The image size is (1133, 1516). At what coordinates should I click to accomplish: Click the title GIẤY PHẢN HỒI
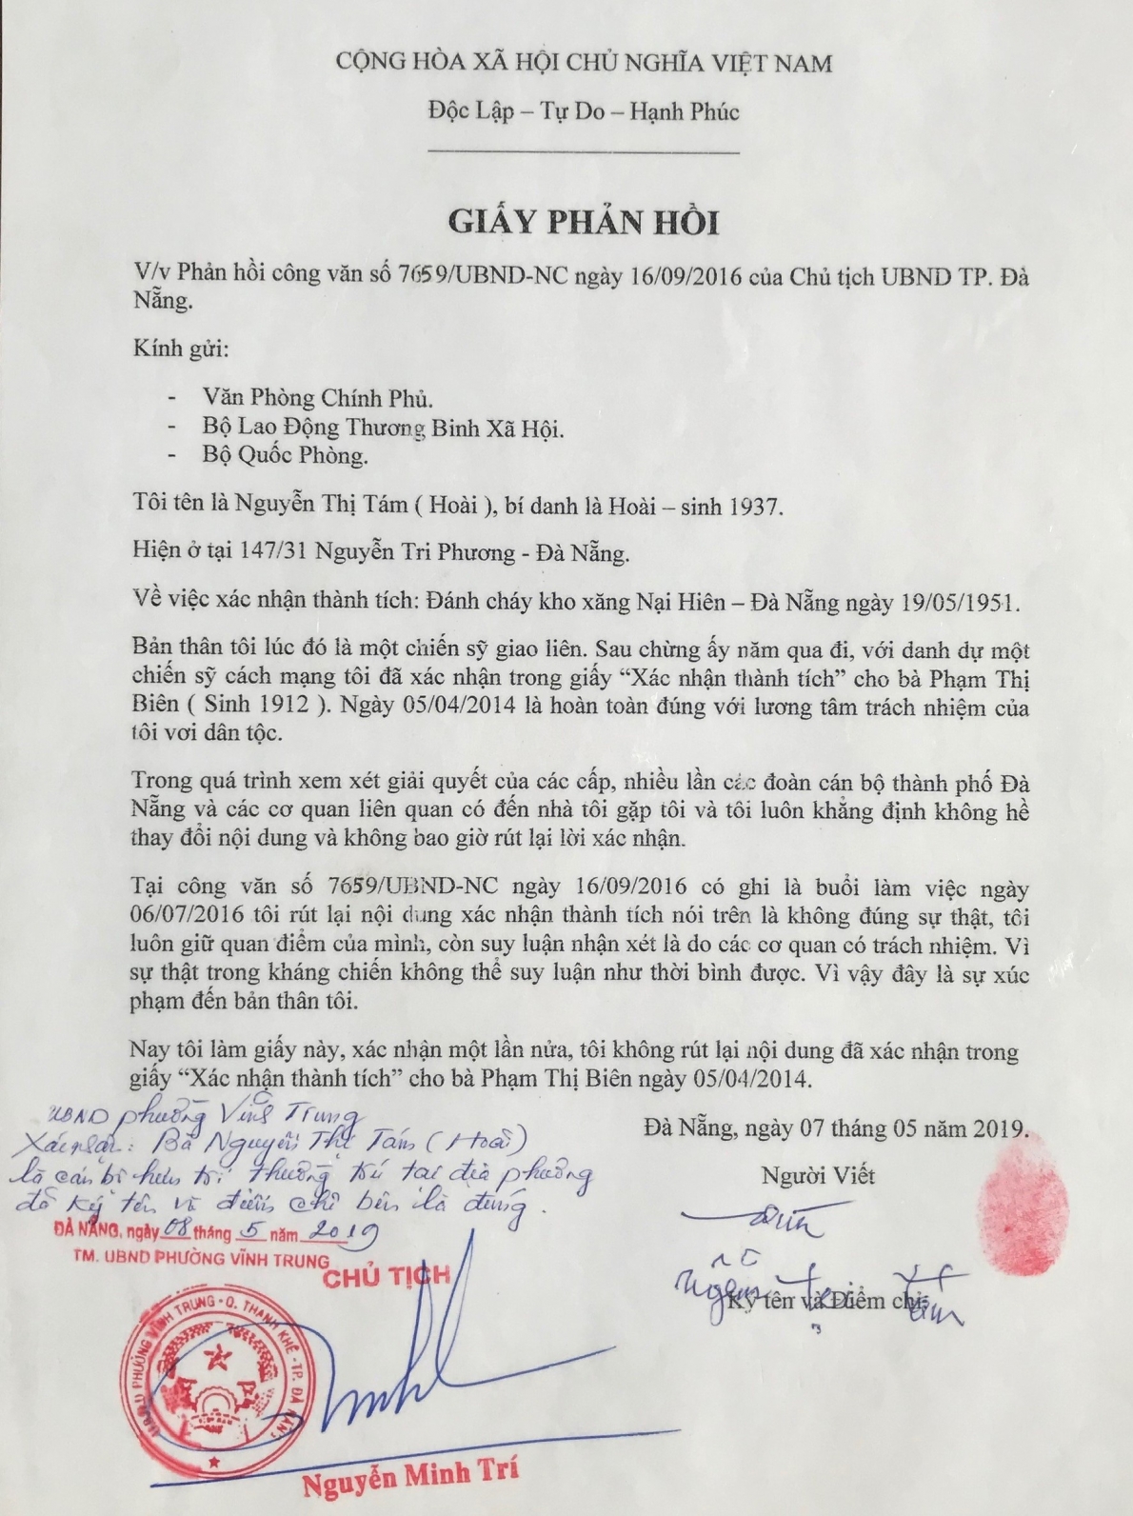pyautogui.click(x=584, y=221)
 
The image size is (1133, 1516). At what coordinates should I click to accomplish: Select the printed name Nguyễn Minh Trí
pyautogui.click(x=410, y=1476)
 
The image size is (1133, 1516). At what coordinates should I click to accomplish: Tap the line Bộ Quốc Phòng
pyautogui.click(x=285, y=455)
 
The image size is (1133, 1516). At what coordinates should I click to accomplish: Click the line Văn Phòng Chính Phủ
pyautogui.click(x=318, y=397)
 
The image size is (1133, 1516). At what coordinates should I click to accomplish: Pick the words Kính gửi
pyautogui.click(x=181, y=349)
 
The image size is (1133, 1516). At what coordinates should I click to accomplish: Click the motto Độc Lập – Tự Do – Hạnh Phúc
pyautogui.click(x=583, y=112)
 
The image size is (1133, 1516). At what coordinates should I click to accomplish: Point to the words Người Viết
pyautogui.click(x=817, y=1175)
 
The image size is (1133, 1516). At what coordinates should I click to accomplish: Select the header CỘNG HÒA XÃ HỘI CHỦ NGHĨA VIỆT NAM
pyautogui.click(x=583, y=64)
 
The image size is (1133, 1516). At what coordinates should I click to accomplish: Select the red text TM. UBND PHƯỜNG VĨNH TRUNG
pyautogui.click(x=201, y=1259)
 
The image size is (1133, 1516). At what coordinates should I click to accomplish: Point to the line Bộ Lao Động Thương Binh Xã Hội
pyautogui.click(x=383, y=429)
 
